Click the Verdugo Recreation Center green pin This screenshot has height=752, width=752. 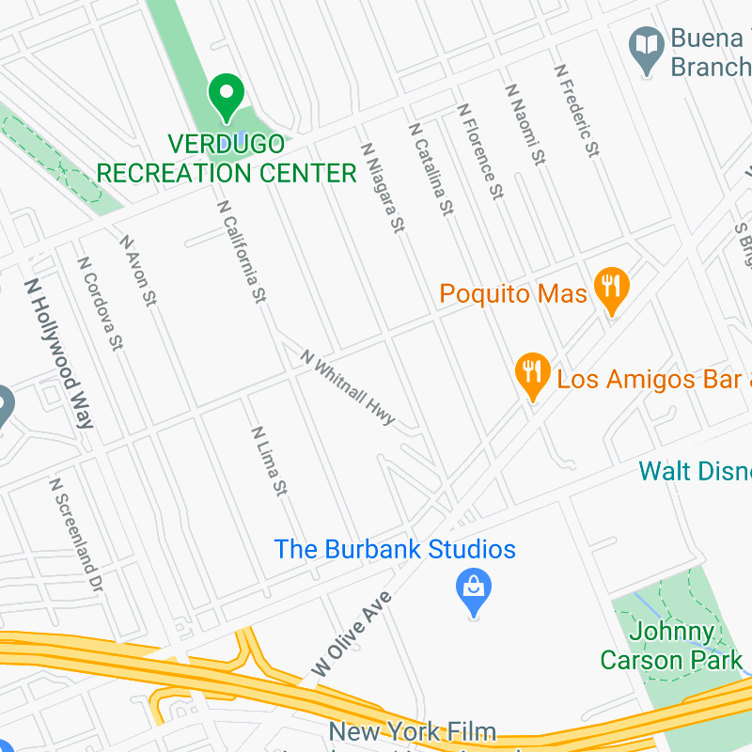pyautogui.click(x=226, y=97)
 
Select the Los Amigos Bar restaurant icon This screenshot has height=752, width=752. pyautogui.click(x=533, y=375)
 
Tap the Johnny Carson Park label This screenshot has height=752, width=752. pyautogui.click(x=671, y=646)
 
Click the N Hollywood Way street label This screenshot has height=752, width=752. pyautogui.click(x=59, y=353)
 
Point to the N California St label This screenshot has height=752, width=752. pyautogui.click(x=242, y=251)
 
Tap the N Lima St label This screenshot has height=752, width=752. pyautogui.click(x=269, y=461)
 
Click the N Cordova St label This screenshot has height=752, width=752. pyautogui.click(x=101, y=304)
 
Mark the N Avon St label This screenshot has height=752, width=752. pyautogui.click(x=137, y=270)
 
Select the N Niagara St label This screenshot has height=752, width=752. pyautogui.click(x=383, y=188)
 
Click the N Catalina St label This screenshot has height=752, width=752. pyautogui.click(x=431, y=170)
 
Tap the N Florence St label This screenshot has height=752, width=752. pyautogui.click(x=481, y=150)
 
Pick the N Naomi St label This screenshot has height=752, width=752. pyautogui.click(x=525, y=124)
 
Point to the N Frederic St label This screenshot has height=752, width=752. pyautogui.click(x=576, y=110)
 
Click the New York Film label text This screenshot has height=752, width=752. pyautogui.click(x=412, y=731)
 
